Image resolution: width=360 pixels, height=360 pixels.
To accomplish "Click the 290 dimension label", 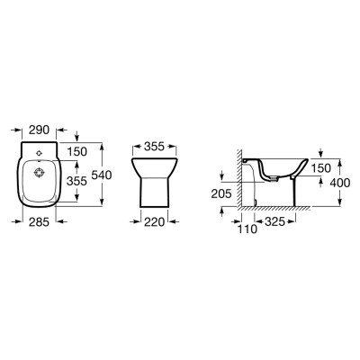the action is pos(39,130).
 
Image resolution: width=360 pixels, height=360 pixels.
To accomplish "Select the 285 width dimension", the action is pos(39,222).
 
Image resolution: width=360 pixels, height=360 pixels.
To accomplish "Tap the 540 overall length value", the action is pos(102,175).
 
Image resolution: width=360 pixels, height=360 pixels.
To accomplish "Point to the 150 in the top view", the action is pos(76,151).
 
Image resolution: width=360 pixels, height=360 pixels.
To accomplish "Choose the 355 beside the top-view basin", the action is pos(76,181).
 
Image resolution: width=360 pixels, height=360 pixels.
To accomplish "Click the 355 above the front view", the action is pos(155,147).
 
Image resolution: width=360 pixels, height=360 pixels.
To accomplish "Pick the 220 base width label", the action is pos(155,222).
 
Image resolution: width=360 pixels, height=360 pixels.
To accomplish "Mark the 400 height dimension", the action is pos(340,183).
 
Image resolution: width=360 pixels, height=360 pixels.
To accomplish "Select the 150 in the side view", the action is pos(320,168).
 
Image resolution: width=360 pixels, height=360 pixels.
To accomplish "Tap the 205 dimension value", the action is pos(221,193).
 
